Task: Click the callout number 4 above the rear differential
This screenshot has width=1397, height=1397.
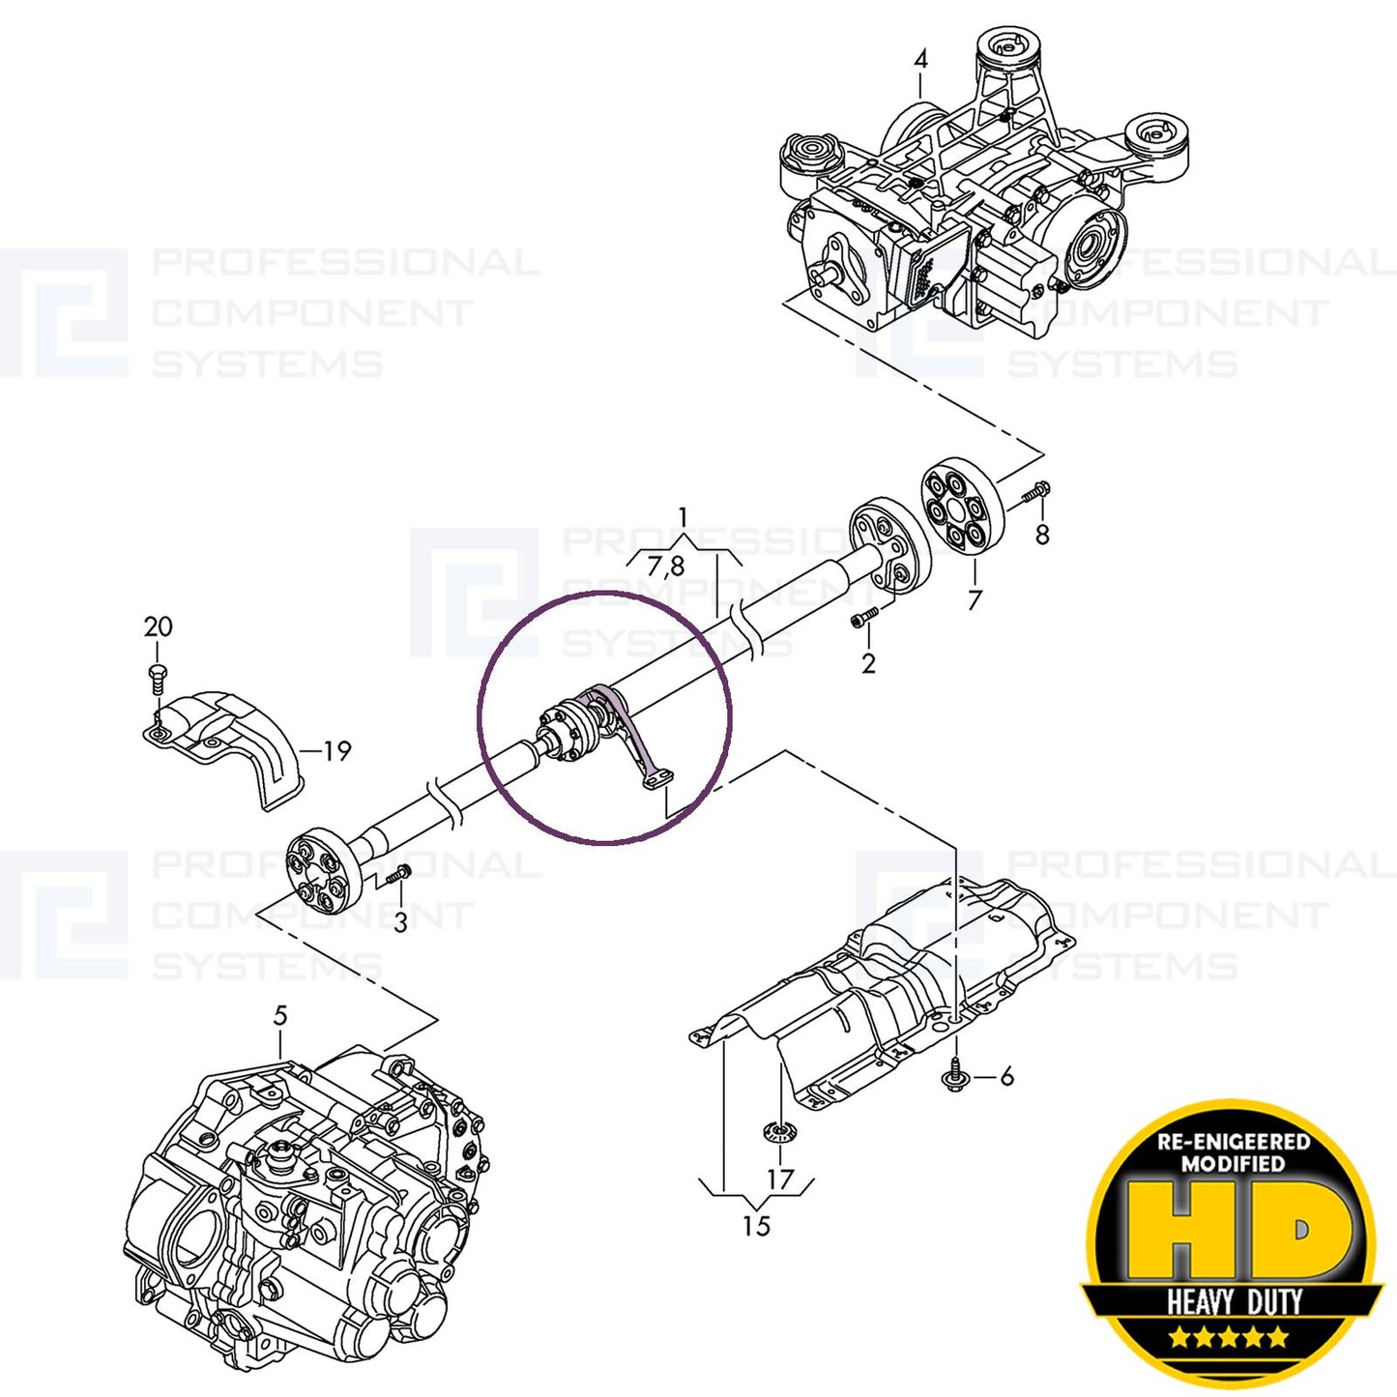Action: pos(920,60)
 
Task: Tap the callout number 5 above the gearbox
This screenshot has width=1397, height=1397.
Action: pos(280,1016)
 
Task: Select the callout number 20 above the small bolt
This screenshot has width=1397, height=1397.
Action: pos(158,627)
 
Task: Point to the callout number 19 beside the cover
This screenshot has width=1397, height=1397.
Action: pos(336,751)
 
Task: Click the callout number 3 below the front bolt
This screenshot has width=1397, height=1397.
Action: pos(400,922)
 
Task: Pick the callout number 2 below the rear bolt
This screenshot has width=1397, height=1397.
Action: pos(868,664)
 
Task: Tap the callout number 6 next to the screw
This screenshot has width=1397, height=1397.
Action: pos(1006,1076)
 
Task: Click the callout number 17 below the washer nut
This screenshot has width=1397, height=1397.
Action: pos(779,1179)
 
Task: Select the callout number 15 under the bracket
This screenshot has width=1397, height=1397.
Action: pos(756,1226)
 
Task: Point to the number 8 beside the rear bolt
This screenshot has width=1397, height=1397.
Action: pos(1041,535)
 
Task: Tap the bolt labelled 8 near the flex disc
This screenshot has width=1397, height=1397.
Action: pos(1034,493)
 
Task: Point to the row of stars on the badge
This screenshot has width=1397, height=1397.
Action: pos(1229,1338)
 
